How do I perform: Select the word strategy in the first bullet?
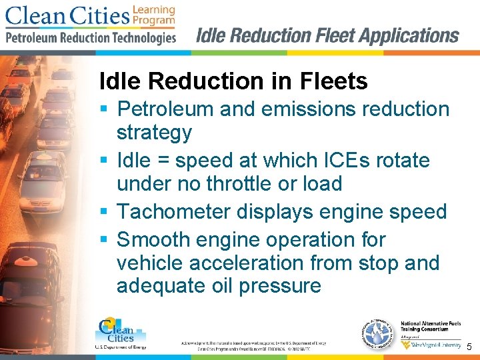tap(154, 133)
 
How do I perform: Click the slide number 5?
tap(469, 347)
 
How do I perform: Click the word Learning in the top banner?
tap(153, 9)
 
